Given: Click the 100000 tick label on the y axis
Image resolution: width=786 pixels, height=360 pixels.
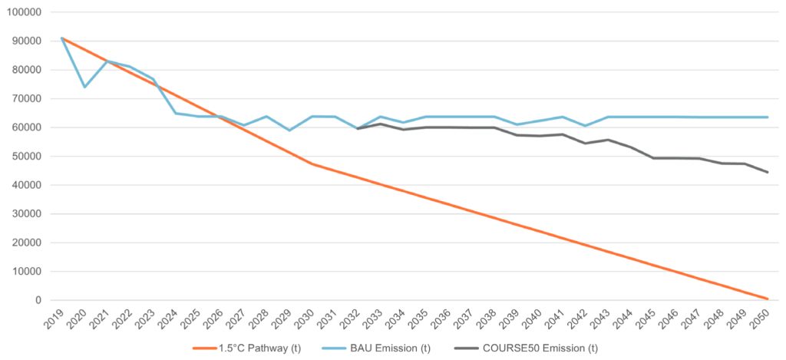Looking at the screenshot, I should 25,13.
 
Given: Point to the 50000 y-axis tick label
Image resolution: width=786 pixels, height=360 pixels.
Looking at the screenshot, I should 28,157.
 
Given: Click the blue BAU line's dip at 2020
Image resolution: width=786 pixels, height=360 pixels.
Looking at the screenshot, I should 84,87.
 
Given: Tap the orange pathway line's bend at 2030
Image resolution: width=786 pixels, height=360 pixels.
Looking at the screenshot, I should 312,164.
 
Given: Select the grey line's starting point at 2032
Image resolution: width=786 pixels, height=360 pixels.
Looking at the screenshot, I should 358,128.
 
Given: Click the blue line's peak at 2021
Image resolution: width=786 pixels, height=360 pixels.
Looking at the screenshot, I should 107,61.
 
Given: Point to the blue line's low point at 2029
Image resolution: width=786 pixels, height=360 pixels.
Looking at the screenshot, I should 289,130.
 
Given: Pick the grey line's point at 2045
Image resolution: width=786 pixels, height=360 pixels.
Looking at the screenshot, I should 653,158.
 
